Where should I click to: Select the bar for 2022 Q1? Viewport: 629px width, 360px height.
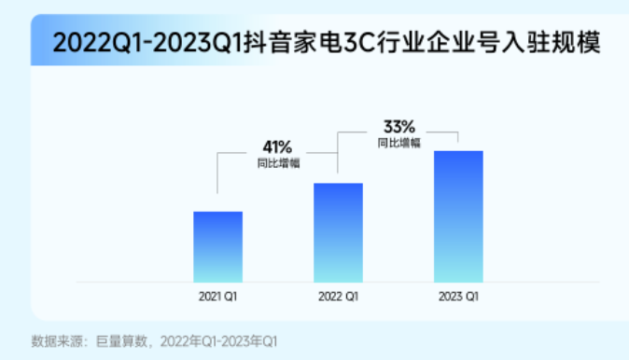338,232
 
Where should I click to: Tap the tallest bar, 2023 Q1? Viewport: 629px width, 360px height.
458,216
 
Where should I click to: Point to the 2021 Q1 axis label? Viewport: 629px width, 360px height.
217,297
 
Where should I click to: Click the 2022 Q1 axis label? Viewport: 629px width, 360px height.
338,297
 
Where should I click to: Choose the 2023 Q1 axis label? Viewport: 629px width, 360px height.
458,297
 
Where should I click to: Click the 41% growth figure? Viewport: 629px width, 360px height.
277,147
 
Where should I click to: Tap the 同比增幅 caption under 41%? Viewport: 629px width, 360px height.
277,163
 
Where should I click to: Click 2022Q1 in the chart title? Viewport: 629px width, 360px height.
95,42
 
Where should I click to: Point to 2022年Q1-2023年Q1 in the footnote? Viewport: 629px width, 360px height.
219,340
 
